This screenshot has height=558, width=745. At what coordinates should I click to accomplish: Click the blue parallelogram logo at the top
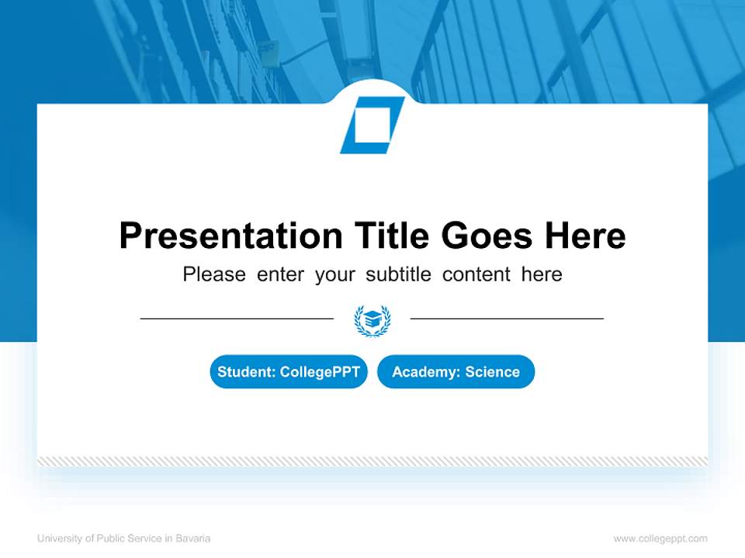[372, 125]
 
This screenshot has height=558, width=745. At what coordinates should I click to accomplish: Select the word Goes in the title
[487, 236]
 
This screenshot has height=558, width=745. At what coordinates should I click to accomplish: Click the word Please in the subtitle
[214, 274]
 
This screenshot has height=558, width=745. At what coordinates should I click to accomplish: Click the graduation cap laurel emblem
[372, 320]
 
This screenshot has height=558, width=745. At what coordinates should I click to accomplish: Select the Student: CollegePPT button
[289, 372]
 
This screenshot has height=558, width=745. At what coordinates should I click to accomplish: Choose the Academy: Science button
[456, 372]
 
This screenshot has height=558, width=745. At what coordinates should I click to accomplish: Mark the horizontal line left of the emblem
[237, 319]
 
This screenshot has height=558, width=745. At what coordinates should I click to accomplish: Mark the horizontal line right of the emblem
[507, 319]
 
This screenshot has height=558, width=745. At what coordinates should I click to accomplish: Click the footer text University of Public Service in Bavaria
[123, 539]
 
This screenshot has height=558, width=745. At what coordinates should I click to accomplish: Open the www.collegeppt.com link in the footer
[660, 539]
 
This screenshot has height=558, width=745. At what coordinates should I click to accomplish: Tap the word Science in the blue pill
[493, 372]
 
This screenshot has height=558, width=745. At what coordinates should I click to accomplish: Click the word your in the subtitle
[334, 274]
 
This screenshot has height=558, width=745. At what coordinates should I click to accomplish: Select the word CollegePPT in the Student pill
[320, 372]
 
